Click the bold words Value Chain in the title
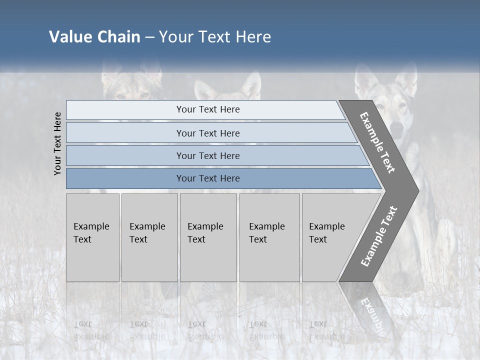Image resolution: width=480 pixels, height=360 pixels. pyautogui.click(x=94, y=36)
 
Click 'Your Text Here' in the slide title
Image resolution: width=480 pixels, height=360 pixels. pyautogui.click(x=215, y=36)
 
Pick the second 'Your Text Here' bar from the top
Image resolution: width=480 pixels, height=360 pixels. pyautogui.click(x=208, y=133)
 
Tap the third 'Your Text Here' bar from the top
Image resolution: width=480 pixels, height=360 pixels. pyautogui.click(x=208, y=155)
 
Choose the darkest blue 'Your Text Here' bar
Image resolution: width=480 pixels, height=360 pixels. pyautogui.click(x=208, y=178)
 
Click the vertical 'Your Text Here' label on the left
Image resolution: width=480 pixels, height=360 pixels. pyautogui.click(x=57, y=143)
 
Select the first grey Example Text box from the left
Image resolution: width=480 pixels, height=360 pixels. pyautogui.click(x=92, y=237)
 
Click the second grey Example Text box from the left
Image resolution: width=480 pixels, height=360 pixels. pyautogui.click(x=149, y=237)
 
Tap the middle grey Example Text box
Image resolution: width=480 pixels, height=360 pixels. pyautogui.click(x=208, y=237)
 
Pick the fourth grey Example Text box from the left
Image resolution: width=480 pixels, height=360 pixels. pyautogui.click(x=269, y=237)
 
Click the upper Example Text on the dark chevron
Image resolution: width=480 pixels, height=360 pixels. pyautogui.click(x=377, y=142)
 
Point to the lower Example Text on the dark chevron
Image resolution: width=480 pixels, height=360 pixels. pyautogui.click(x=379, y=236)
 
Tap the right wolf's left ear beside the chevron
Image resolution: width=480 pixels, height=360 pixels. pyautogui.click(x=364, y=80)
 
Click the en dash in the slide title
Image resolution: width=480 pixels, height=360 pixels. pyautogui.click(x=149, y=37)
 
